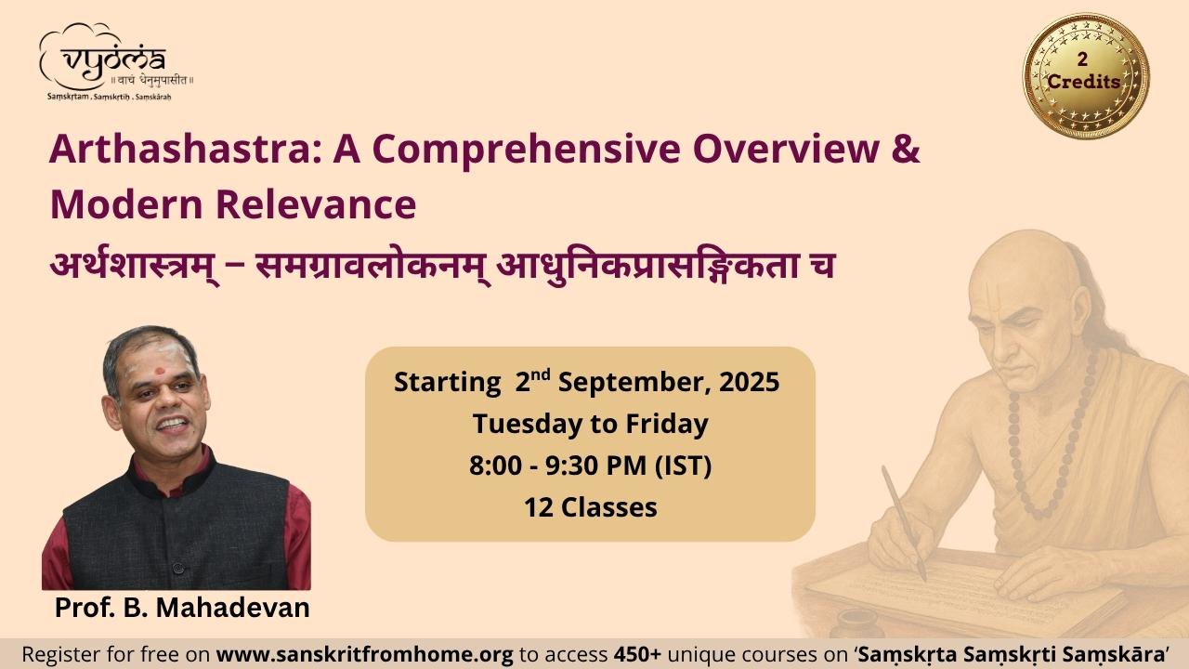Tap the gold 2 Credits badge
(1086, 76)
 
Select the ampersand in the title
(906, 150)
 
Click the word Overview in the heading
(785, 150)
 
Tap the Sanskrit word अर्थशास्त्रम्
(134, 266)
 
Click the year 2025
(750, 382)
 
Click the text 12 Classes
(591, 507)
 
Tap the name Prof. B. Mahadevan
(182, 608)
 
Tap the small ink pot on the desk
(857, 622)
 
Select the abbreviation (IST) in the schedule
(683, 466)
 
